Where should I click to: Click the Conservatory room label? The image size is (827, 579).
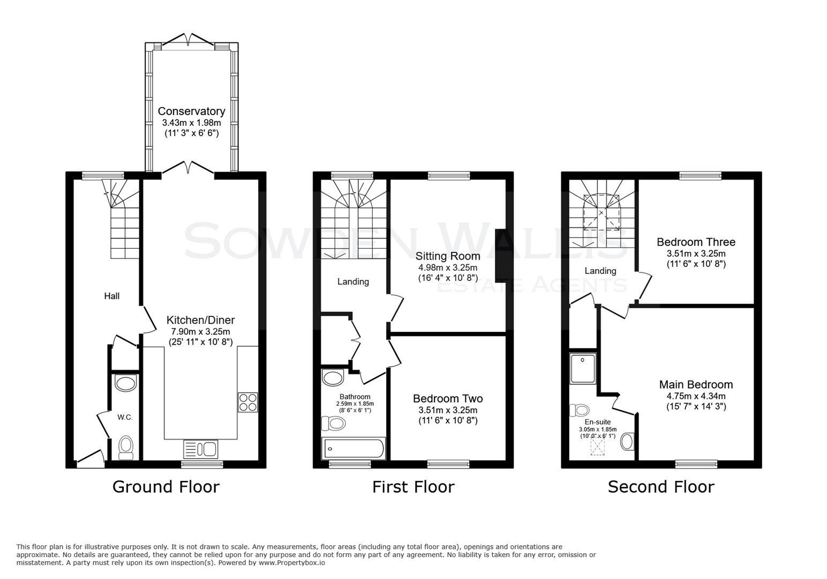click(x=191, y=112)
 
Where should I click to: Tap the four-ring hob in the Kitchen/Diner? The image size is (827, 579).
click(x=248, y=402)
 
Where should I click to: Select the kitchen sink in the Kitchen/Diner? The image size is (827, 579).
click(x=200, y=448)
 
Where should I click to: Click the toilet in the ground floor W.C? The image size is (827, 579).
click(x=126, y=447)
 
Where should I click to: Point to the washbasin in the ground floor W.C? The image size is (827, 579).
click(x=126, y=383)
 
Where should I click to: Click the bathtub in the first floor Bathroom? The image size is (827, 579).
click(x=353, y=449)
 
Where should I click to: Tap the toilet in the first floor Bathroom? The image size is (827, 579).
click(x=333, y=424)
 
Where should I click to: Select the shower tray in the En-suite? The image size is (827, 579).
click(x=583, y=368)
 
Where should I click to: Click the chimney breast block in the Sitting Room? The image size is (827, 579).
click(x=501, y=255)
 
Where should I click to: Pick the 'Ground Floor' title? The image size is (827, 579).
click(x=166, y=487)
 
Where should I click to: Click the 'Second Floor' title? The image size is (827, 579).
click(x=661, y=487)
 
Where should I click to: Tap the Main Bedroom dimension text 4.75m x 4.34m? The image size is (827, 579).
click(x=696, y=396)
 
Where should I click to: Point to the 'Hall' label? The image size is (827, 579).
click(x=111, y=296)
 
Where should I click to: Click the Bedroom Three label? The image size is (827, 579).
click(x=696, y=242)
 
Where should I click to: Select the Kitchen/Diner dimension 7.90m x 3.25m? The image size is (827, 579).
click(x=200, y=332)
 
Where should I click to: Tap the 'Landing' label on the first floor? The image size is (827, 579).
click(x=353, y=281)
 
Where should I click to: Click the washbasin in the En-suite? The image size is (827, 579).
click(x=627, y=441)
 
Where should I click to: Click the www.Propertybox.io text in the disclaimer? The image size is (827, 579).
click(x=292, y=563)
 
